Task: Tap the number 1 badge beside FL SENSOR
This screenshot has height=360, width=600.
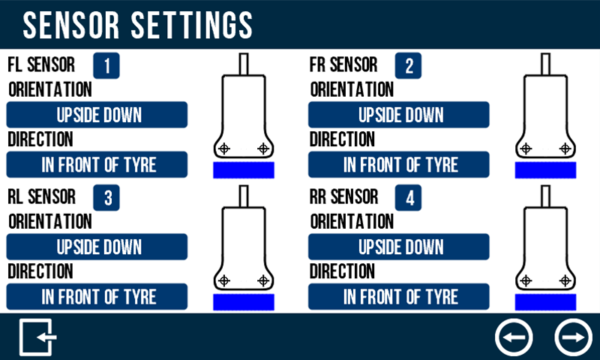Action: click(106, 66)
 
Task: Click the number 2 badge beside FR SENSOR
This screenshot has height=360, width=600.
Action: click(408, 66)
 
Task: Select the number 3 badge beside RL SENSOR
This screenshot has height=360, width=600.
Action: click(106, 198)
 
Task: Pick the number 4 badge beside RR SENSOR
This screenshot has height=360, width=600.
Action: click(408, 198)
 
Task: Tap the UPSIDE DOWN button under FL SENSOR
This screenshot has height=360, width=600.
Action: click(97, 115)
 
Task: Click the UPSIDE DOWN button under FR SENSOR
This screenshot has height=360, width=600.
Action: click(399, 115)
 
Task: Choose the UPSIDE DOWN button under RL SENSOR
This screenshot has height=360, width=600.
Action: click(97, 247)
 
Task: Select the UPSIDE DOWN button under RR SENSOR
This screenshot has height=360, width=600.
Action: click(399, 247)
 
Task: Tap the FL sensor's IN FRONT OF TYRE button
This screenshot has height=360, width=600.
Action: click(97, 164)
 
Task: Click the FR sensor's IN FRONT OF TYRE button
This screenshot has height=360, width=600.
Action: click(399, 164)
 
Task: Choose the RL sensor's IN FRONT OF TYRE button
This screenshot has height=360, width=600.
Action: click(97, 296)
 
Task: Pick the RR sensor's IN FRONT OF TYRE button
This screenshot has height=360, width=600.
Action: click(399, 296)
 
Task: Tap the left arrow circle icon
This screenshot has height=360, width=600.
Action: click(514, 337)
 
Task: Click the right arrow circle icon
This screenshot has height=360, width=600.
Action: click(574, 337)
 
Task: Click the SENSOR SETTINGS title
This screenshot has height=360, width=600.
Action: click(138, 25)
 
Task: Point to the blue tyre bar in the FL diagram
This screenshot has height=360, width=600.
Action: click(244, 170)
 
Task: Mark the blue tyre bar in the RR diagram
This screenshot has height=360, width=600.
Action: click(546, 302)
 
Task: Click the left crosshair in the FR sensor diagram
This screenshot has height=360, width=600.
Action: click(526, 148)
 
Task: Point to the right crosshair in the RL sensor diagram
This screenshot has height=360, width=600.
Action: click(263, 280)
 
